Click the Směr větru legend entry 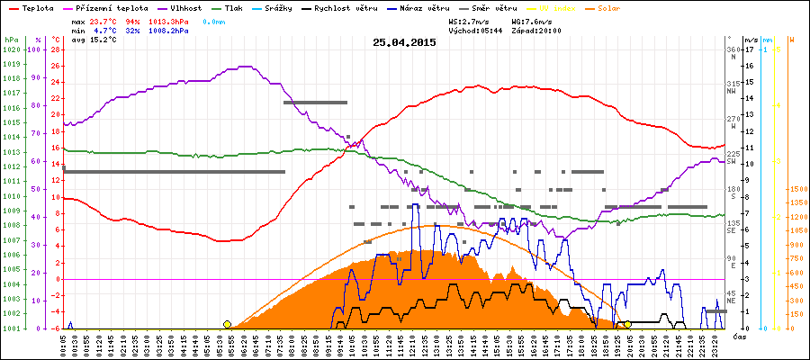coord(490,6)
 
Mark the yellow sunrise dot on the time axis coord(227,324)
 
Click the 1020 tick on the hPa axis coord(11,49)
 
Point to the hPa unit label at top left coord(11,40)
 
